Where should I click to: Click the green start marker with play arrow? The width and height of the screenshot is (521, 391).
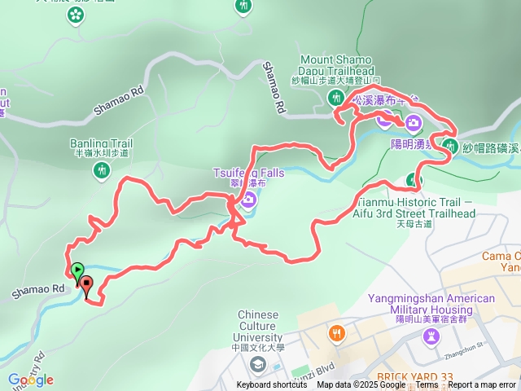point(77,270)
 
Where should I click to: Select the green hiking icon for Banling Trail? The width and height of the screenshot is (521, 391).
point(101,170)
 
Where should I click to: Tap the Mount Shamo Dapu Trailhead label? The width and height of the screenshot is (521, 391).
point(336,65)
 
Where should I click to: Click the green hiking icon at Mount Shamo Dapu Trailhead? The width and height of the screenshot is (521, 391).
point(336,98)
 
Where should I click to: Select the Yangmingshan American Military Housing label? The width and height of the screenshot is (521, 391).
point(431,304)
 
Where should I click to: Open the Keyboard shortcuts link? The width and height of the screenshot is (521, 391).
point(272,385)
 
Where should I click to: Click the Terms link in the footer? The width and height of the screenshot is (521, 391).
point(427,385)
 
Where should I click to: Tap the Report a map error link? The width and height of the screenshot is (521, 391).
point(483,385)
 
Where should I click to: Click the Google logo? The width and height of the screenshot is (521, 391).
point(30,380)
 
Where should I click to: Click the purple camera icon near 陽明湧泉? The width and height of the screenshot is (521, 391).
point(414,123)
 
